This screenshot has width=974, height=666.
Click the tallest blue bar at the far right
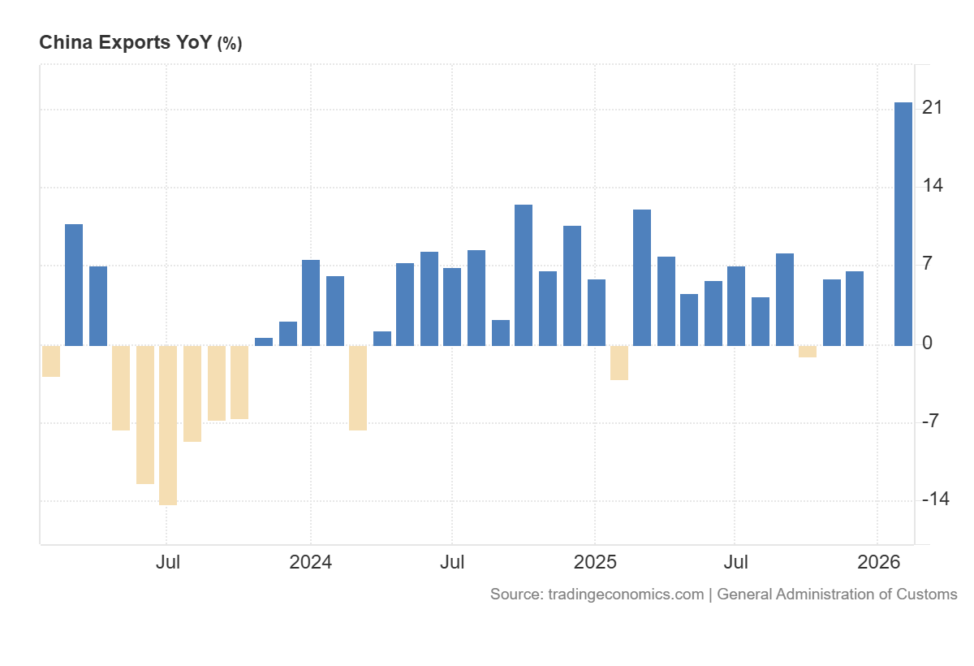click(x=903, y=223)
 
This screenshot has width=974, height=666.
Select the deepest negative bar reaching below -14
click(x=168, y=425)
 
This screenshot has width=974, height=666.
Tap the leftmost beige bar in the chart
click(x=51, y=361)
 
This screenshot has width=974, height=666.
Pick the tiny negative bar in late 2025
click(x=808, y=351)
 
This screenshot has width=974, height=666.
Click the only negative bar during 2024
click(x=358, y=387)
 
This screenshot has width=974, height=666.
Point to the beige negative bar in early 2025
click(x=619, y=362)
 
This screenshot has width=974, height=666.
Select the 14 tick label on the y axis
click(x=932, y=185)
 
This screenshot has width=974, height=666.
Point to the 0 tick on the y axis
click(x=927, y=343)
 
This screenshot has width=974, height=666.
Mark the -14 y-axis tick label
click(x=935, y=499)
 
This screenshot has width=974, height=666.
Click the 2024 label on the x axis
click(x=310, y=562)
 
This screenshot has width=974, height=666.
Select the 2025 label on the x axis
click(x=594, y=562)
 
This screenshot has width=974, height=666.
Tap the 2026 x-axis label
click(x=878, y=562)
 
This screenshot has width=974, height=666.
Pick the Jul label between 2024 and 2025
click(x=452, y=562)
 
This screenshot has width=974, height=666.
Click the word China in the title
click(x=66, y=43)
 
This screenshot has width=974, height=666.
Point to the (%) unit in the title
click(x=229, y=44)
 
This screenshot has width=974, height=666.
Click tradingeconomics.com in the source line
click(x=625, y=595)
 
